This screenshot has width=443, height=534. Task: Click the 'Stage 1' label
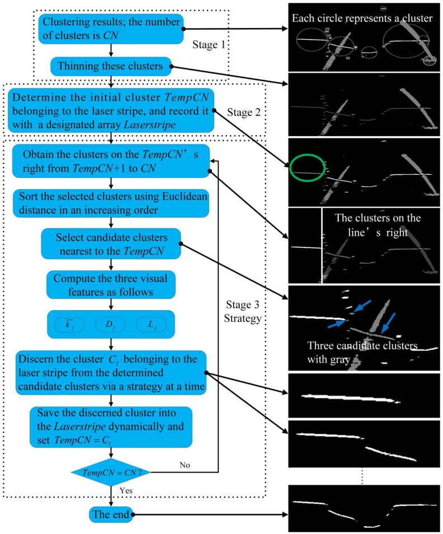click(207, 43)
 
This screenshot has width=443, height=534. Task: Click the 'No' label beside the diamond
click(186, 465)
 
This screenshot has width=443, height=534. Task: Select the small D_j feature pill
click(111, 324)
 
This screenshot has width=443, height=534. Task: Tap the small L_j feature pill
click(151, 324)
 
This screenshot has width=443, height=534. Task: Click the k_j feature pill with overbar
click(71, 324)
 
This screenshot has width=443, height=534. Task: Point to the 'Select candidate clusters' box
click(111, 243)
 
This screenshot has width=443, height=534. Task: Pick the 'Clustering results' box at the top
click(111, 29)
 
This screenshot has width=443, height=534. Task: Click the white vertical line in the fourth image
click(322, 244)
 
